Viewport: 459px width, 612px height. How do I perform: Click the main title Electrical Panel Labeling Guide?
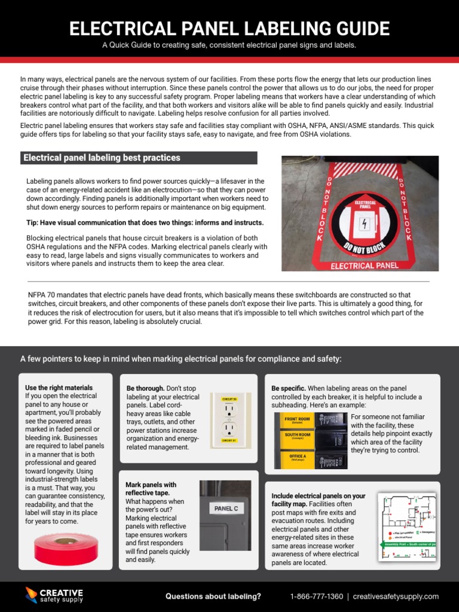pos(229,28)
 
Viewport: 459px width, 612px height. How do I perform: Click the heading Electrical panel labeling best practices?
pos(102,158)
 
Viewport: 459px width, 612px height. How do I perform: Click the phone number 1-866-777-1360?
pos(316,596)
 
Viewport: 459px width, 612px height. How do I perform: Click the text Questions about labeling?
pos(213,596)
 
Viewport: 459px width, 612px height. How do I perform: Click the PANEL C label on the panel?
pos(226,509)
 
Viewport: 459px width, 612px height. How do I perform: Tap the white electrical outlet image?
pos(230,420)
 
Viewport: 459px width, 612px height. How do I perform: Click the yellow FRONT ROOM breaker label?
pos(297,420)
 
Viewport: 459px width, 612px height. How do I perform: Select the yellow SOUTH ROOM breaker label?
pos(297,436)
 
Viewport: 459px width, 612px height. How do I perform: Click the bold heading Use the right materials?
pos(59,387)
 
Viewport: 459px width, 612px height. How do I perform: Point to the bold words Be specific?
pos(289,388)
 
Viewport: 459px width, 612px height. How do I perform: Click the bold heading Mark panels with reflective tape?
pos(151,488)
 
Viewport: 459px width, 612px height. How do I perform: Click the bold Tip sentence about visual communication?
pos(145,222)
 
